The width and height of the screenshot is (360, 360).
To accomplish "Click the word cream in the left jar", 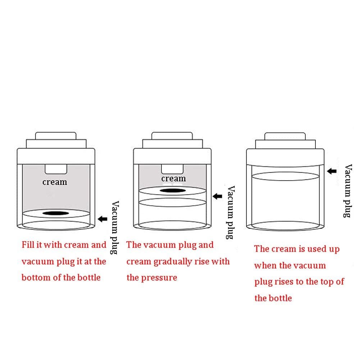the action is [x=55, y=182].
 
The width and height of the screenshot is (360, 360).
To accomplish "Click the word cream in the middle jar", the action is [x=173, y=178].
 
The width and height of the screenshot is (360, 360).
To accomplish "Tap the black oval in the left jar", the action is [x=56, y=213].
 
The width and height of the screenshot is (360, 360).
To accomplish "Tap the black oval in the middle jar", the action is [x=173, y=191].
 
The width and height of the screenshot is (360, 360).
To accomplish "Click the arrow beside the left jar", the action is [x=102, y=219].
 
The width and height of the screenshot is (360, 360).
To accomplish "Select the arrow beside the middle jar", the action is [x=218, y=196].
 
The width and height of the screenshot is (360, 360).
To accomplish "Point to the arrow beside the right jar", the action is [x=332, y=171].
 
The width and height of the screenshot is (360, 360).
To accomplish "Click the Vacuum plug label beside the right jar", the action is [x=348, y=191].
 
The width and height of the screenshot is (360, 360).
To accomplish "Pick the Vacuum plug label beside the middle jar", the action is [x=231, y=213].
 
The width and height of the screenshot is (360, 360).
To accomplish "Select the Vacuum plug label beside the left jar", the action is [x=115, y=228].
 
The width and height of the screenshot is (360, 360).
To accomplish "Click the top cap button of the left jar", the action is [x=56, y=136].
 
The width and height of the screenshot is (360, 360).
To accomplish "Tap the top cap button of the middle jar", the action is [x=172, y=136].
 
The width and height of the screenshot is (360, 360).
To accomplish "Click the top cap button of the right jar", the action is [x=285, y=136].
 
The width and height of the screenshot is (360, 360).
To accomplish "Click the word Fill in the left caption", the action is [x=28, y=245].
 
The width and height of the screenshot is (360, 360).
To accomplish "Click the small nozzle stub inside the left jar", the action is [x=56, y=169].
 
